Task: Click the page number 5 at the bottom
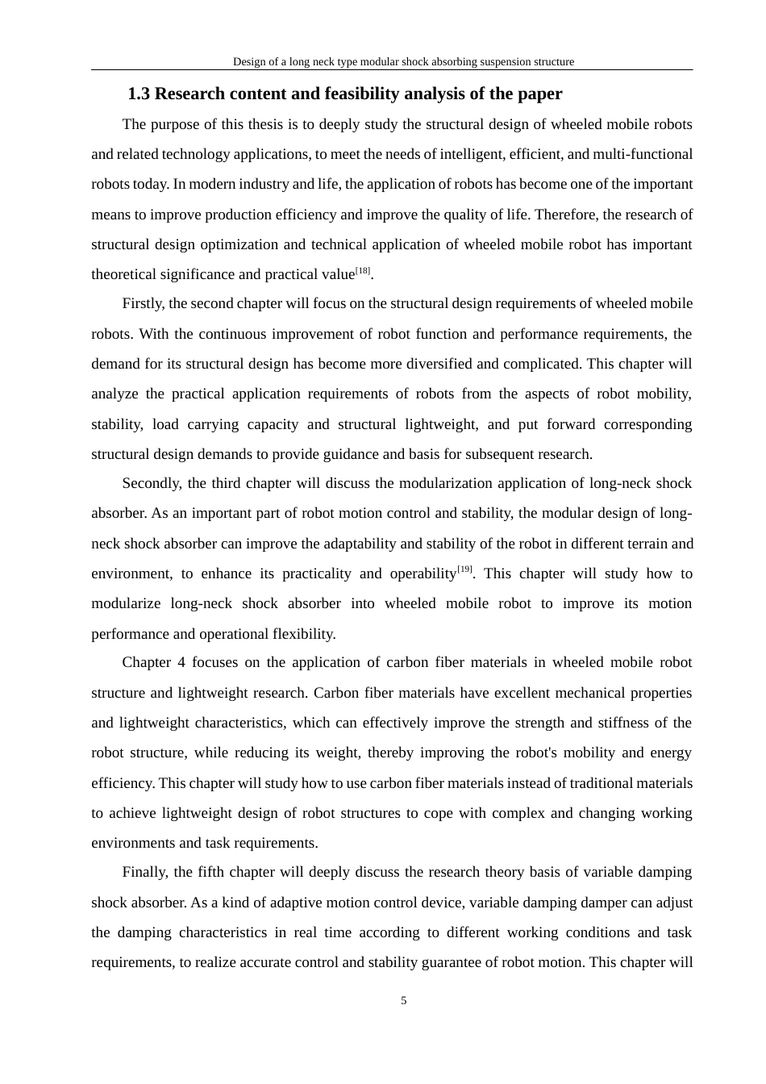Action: (x=404, y=1001)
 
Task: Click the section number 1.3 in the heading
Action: (x=139, y=94)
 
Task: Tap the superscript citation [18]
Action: (x=363, y=271)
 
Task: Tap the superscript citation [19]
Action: (x=464, y=569)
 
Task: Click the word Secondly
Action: (x=152, y=483)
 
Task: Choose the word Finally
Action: (x=144, y=872)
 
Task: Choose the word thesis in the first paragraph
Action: (x=260, y=124)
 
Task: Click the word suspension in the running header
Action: (x=498, y=62)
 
